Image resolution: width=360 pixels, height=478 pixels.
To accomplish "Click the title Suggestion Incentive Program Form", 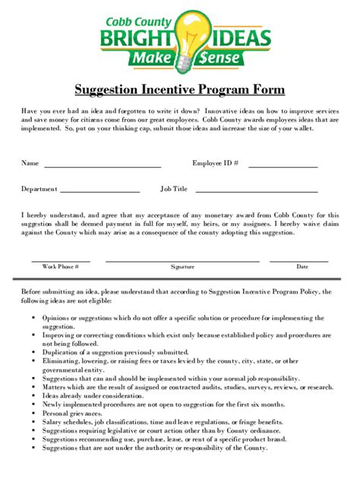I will tap(179, 90).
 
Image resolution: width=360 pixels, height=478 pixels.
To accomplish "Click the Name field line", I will tap(102, 166).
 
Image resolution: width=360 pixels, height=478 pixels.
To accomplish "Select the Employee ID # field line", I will tap(283, 166).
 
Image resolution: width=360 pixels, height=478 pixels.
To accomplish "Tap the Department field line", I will tap(99, 192).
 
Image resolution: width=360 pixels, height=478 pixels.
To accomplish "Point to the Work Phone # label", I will tap(61, 267).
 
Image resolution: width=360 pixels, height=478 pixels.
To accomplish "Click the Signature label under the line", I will tap(182, 267).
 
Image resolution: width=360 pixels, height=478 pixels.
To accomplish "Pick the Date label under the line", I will tap(302, 267).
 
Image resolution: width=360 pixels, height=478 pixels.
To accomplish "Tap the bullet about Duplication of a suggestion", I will tap(121, 352).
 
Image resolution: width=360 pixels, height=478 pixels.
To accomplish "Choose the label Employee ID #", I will tap(216, 163).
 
